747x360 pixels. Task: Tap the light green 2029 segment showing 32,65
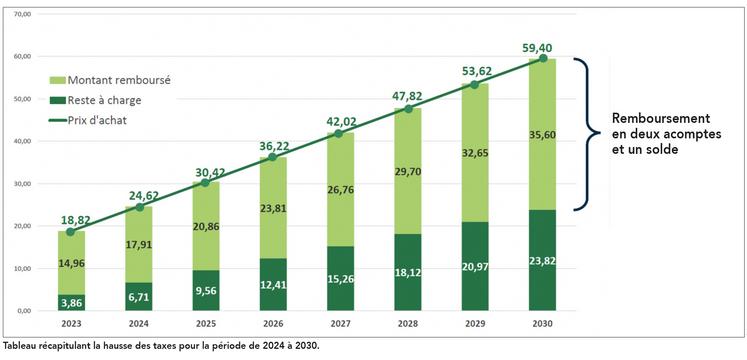tap(475, 153)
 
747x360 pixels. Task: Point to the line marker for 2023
tap(70, 232)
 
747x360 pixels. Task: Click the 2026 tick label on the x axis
tap(272, 324)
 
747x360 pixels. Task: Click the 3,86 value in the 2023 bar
tap(70, 301)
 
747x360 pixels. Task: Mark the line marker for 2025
tap(205, 183)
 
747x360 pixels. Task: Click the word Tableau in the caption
tap(23, 344)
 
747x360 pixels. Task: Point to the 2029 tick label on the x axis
tap(475, 324)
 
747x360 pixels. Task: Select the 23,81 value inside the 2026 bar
tap(272, 211)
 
